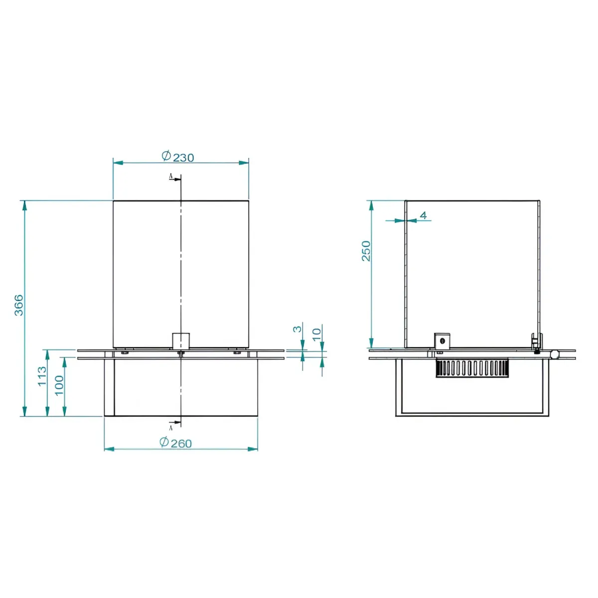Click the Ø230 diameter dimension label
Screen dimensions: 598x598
click(x=178, y=156)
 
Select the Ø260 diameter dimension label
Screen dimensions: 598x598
click(x=175, y=443)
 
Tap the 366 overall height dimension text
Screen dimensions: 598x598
click(x=19, y=305)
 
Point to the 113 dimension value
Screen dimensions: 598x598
click(x=42, y=376)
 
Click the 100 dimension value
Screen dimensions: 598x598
click(x=59, y=385)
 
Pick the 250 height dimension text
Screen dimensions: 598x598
click(x=366, y=251)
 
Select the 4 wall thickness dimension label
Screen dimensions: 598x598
click(x=424, y=215)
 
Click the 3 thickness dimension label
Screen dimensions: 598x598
click(x=298, y=329)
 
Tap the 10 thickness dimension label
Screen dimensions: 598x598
click(x=316, y=335)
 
